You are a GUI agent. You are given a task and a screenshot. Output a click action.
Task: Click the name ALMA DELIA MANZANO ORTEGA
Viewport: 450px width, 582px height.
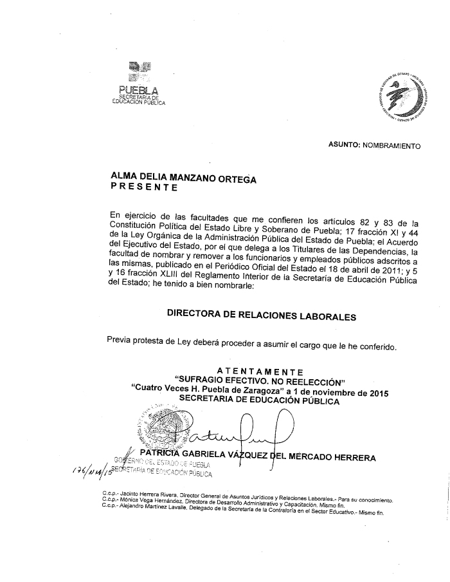tap(183, 177)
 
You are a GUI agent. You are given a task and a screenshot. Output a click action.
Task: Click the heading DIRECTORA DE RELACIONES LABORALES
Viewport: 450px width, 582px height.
tap(261, 315)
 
